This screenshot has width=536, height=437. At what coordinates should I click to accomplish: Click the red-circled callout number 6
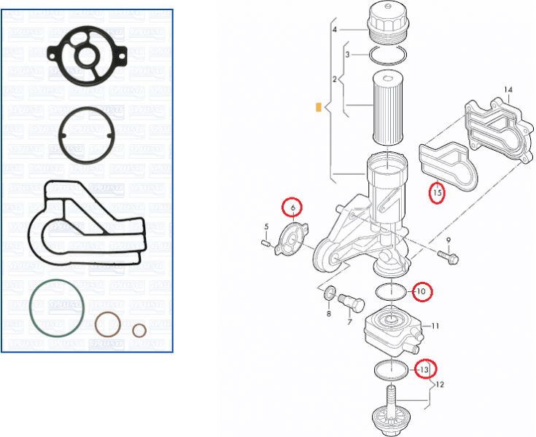click(292, 208)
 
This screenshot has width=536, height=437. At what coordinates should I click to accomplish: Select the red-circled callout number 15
click(437, 194)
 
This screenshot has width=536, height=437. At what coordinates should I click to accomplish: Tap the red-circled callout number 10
click(422, 292)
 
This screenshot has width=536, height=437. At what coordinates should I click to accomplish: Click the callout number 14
click(508, 90)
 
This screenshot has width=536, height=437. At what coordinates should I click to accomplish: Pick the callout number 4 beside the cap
click(335, 30)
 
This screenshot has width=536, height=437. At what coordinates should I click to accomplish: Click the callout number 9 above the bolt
click(448, 240)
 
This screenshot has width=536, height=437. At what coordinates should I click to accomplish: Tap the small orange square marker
click(318, 108)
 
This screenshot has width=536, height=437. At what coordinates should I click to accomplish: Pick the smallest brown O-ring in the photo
click(139, 331)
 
